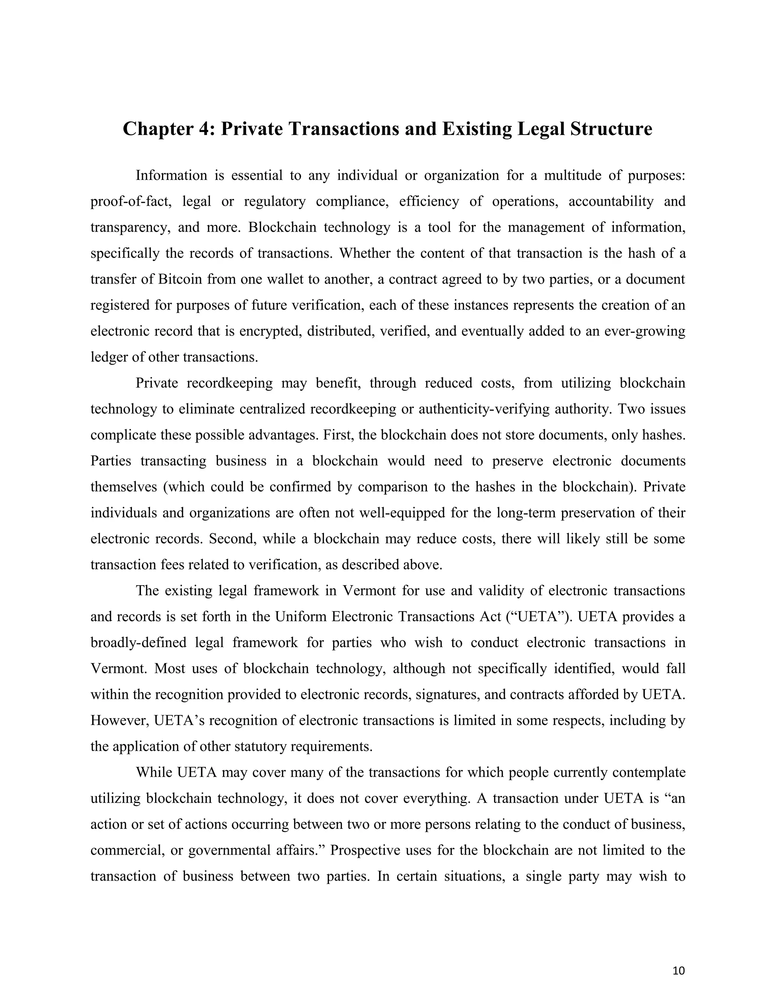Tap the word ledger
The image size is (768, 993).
tap(109, 357)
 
